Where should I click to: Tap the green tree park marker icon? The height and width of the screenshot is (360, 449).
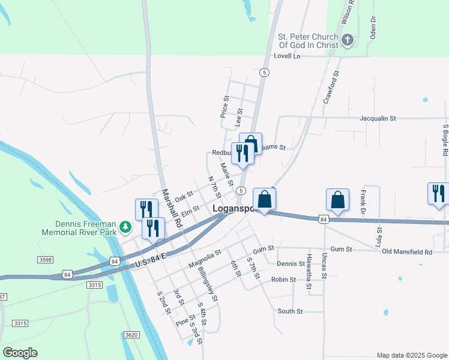pyautogui.click(x=125, y=227)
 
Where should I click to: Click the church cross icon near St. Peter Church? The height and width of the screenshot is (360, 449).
pyautogui.click(x=346, y=41)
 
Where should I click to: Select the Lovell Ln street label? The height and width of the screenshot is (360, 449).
pyautogui.click(x=286, y=56)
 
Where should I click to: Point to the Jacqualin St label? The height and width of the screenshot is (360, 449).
pyautogui.click(x=378, y=119)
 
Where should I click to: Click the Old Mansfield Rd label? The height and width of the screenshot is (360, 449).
pyautogui.click(x=407, y=251)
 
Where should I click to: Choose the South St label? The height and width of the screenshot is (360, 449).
pyautogui.click(x=290, y=311)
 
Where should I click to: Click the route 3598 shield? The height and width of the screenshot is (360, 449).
pyautogui.click(x=46, y=260)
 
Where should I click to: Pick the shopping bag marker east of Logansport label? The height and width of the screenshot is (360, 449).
pyautogui.click(x=264, y=200)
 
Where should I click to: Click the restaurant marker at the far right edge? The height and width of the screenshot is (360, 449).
pyautogui.click(x=438, y=194)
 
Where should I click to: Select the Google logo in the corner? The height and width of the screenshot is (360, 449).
pyautogui.click(x=20, y=353)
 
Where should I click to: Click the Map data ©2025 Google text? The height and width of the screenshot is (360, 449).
pyautogui.click(x=412, y=355)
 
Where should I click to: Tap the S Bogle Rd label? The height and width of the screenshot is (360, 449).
pyautogui.click(x=445, y=140)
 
